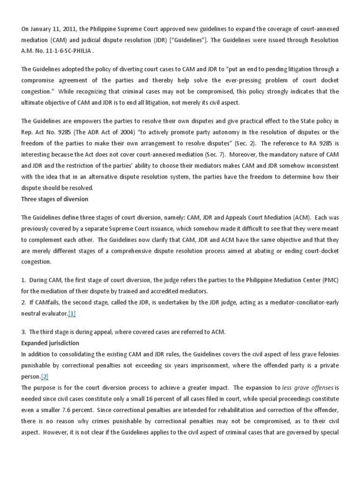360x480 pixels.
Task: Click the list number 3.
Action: [x=23, y=332]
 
